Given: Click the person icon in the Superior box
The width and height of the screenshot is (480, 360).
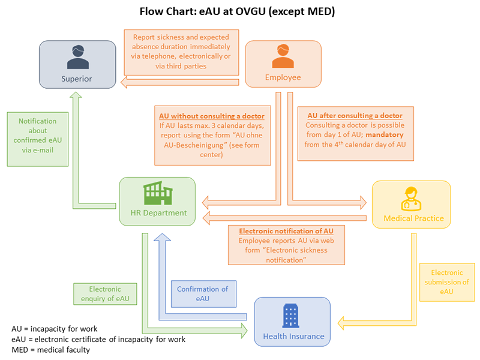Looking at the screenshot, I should (x=77, y=58).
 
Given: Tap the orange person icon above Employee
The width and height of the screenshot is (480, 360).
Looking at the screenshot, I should (x=283, y=57).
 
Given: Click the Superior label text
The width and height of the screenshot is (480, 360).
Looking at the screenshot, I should (x=77, y=79).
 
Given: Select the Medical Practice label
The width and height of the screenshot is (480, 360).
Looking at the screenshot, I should (x=413, y=218).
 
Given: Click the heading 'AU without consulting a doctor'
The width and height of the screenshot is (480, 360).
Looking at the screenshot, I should (x=211, y=116).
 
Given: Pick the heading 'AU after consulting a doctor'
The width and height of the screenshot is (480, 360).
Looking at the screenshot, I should (x=355, y=115).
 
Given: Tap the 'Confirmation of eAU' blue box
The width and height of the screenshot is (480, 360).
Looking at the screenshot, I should (x=202, y=293).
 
